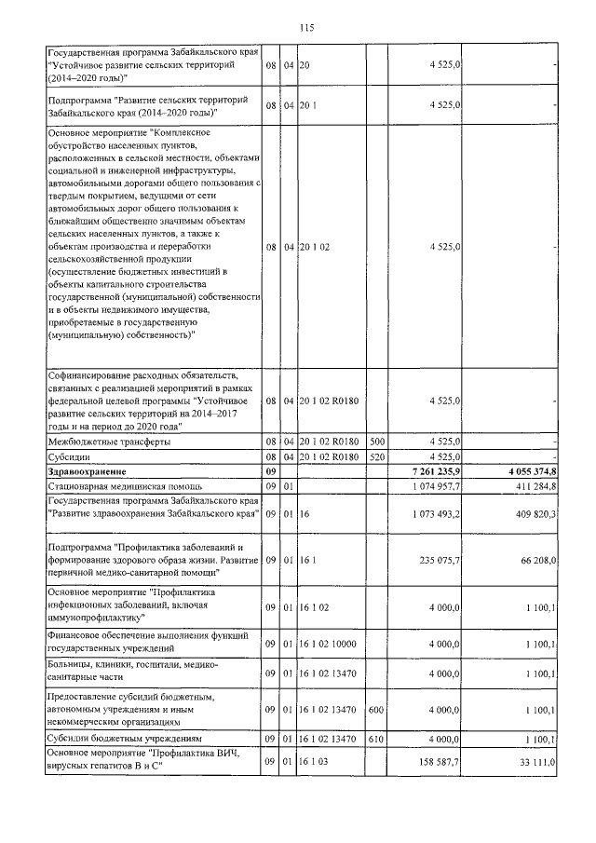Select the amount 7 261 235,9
(x=434, y=473)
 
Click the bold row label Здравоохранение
(x=87, y=473)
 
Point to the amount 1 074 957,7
(x=435, y=486)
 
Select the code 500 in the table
(x=377, y=442)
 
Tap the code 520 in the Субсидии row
(x=377, y=457)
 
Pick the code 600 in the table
(x=377, y=709)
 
